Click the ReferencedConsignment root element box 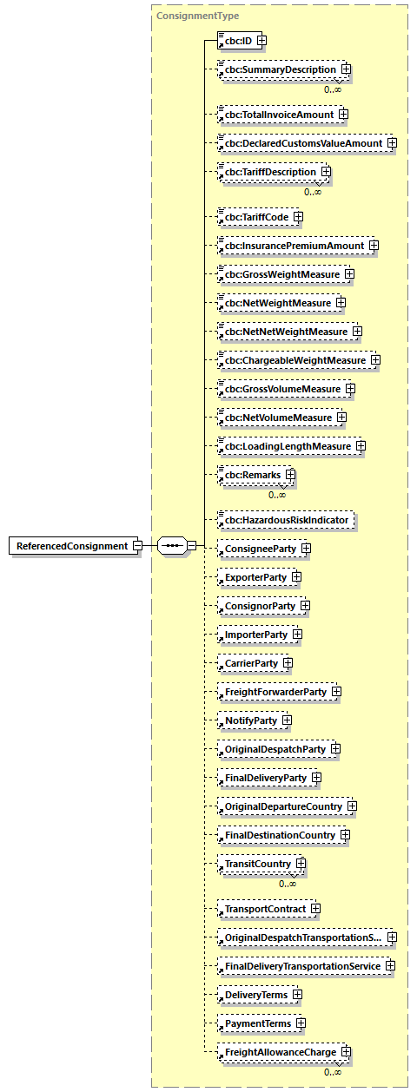(x=70, y=546)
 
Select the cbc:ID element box (x=235, y=40)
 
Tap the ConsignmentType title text (x=198, y=16)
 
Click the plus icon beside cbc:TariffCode (x=298, y=217)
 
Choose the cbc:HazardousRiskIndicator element (x=286, y=520)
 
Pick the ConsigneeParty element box (x=258, y=549)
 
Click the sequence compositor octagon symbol (x=172, y=546)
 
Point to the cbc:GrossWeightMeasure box (x=280, y=274)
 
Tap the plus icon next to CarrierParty (x=288, y=663)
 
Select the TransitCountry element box (x=258, y=865)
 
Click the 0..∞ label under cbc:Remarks (x=277, y=495)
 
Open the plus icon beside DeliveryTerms (x=297, y=995)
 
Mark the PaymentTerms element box (x=258, y=1023)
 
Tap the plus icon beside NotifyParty (x=287, y=720)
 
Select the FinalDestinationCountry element (x=280, y=835)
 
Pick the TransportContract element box (x=265, y=909)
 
